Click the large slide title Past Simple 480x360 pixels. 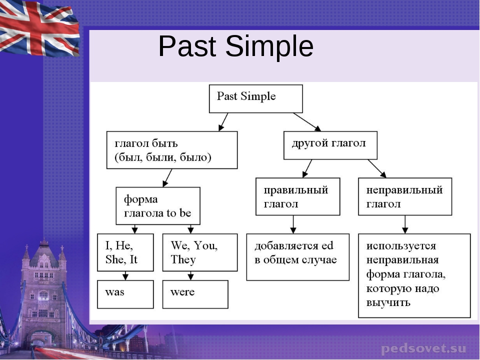[x=235, y=47]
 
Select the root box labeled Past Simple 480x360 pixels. [x=255, y=98]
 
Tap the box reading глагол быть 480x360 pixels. [x=171, y=150]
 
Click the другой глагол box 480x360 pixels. [x=330, y=145]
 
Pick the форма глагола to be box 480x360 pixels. [x=158, y=206]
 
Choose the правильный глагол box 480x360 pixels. [x=297, y=196]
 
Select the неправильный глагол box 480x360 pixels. [x=405, y=196]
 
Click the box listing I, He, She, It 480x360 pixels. [x=125, y=252]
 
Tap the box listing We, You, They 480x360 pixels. [x=200, y=252]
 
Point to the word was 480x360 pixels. [x=114, y=292]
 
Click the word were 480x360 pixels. [x=182, y=292]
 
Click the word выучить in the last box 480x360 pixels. [x=388, y=302]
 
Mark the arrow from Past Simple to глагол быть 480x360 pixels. [x=223, y=122]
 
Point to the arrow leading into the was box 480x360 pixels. [x=125, y=275]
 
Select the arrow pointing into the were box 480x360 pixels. [x=190, y=275]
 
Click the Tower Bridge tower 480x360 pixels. [x=44, y=290]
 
